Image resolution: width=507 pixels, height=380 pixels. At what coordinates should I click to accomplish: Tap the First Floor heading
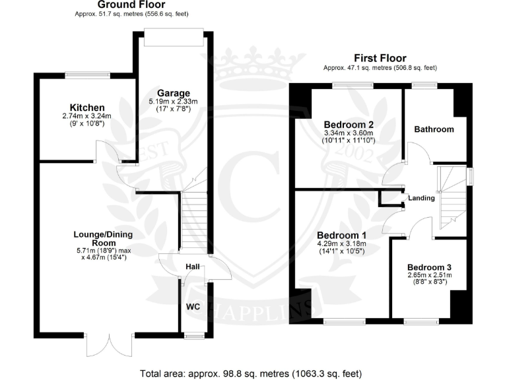click(x=380, y=58)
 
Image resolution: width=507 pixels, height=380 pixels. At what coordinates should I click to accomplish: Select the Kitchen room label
click(x=87, y=108)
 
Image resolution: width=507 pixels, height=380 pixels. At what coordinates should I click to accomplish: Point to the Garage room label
click(x=174, y=93)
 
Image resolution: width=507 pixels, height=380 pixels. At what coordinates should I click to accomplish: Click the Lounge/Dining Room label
click(x=99, y=238)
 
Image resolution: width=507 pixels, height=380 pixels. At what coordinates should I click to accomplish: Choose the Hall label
click(x=192, y=267)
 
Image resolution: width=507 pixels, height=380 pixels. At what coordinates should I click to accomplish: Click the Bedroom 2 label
click(x=349, y=125)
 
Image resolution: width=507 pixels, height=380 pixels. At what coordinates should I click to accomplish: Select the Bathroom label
click(x=434, y=129)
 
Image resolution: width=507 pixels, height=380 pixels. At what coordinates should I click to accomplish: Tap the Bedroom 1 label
click(x=341, y=236)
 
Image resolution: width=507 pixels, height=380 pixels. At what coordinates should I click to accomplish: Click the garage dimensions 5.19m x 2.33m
click(x=174, y=102)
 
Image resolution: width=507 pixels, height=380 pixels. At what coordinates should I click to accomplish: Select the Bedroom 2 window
click(x=353, y=84)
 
